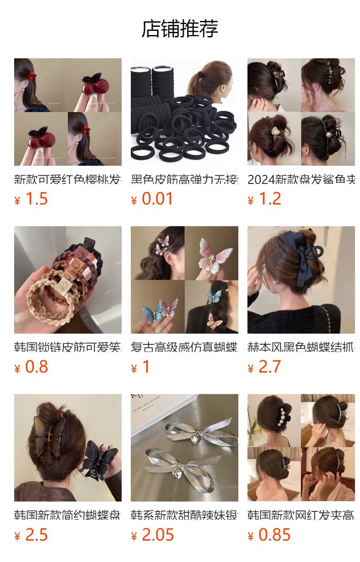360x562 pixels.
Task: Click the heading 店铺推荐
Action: point(180,29)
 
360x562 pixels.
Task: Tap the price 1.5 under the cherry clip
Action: point(36,199)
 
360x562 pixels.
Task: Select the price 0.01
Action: point(157,199)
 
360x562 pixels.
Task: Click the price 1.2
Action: point(270,199)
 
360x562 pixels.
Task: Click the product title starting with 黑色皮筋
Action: point(184,179)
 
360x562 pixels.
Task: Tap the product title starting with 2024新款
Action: point(301,179)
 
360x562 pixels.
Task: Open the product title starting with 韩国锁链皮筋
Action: point(67,347)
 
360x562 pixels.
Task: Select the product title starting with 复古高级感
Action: point(184,347)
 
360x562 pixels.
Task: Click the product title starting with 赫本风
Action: point(301,347)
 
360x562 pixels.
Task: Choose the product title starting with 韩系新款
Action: point(184,516)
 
